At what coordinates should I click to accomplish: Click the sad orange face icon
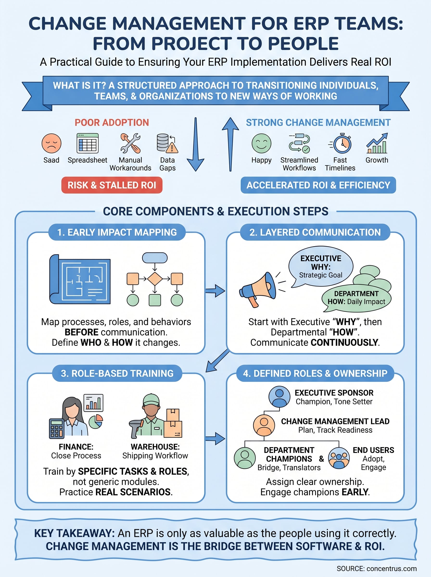[51, 143]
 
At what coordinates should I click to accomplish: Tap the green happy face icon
[261, 143]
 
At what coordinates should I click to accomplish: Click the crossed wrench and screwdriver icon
[130, 143]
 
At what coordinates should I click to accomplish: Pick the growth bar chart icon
[377, 143]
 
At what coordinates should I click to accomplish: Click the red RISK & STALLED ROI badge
[112, 185]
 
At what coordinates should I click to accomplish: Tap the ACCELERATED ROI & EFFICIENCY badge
[318, 185]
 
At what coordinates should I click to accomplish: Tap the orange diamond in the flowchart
[155, 279]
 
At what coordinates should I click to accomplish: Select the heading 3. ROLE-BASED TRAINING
[117, 373]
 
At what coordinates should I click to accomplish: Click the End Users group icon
[339, 458]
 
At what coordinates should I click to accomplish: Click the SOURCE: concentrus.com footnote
[376, 569]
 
